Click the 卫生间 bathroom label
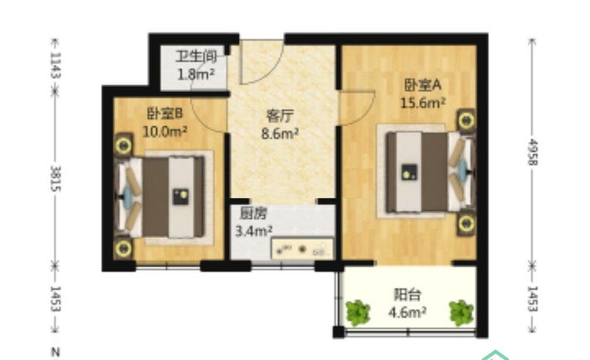pos(196,56)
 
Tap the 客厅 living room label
pos(280,116)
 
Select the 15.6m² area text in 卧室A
pos(423,102)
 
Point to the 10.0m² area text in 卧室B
pos(165,131)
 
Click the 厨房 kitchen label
pos(254,213)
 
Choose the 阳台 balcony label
pos(407,294)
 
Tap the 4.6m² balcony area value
pos(407,312)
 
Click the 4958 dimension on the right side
pos(534,152)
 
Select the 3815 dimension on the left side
pos(56,178)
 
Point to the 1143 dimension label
pos(56,65)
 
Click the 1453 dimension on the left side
pos(56,299)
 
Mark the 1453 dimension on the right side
pos(534,299)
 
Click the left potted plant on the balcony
pos(358,312)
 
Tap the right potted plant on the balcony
pos(461,312)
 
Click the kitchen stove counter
pos(302,248)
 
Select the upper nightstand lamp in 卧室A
pos(466,120)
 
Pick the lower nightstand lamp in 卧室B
pos(123,248)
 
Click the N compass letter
pos(56,352)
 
